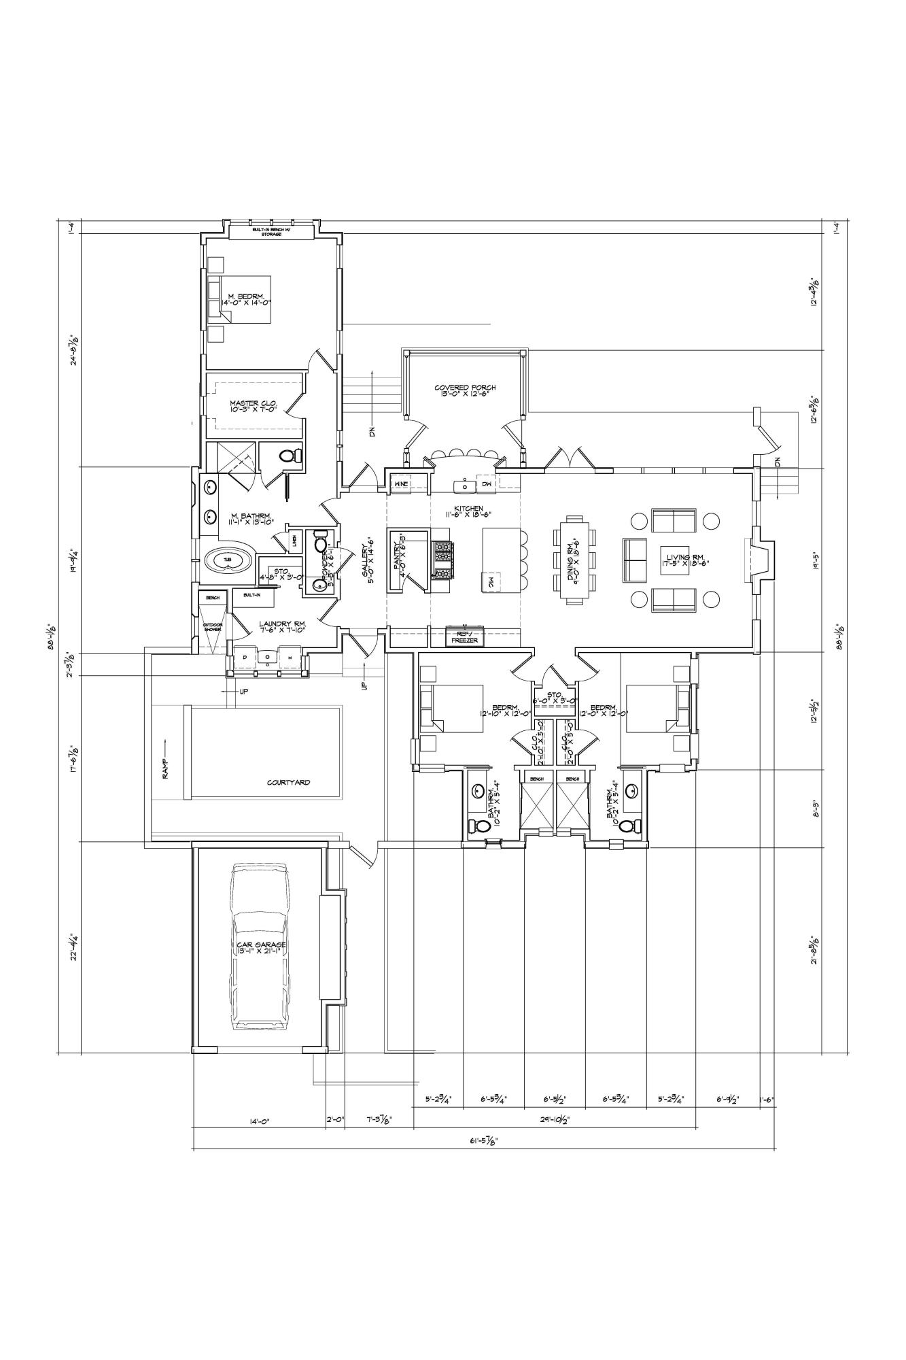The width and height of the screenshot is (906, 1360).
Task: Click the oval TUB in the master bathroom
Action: point(228,559)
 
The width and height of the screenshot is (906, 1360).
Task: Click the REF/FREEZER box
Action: point(465,636)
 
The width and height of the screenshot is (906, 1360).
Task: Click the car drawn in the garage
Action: point(260,947)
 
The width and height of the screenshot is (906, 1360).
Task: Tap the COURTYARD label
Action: point(288,783)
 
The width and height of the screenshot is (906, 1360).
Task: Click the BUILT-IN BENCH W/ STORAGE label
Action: point(272,232)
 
